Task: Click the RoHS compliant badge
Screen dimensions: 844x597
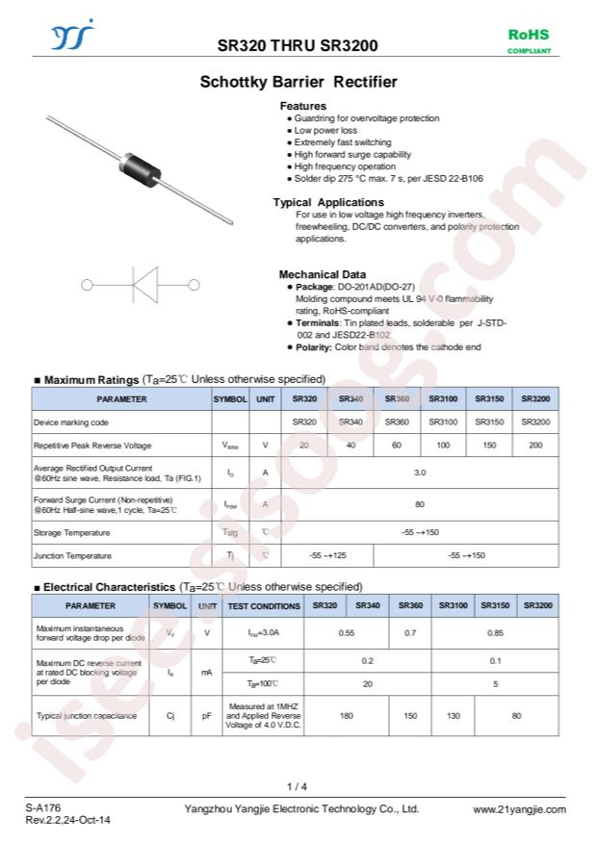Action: [529, 40]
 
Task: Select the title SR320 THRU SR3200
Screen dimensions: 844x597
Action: [298, 45]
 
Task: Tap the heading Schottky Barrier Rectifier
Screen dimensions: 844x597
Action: [298, 83]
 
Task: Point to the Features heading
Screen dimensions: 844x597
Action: [302, 106]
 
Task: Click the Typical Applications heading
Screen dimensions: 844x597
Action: [327, 202]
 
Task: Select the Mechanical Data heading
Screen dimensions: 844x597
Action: [322, 274]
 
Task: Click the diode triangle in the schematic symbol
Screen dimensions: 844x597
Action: [144, 285]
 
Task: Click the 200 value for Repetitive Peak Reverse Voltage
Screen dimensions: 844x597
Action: [535, 446]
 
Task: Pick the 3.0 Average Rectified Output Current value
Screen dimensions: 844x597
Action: [420, 473]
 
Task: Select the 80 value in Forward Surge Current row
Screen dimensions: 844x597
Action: [420, 503]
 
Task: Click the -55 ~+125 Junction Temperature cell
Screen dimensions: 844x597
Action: [327, 556]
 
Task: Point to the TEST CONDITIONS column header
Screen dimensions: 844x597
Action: [263, 606]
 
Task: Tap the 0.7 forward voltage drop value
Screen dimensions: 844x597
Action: [410, 632]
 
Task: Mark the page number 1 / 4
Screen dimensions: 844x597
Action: [298, 786]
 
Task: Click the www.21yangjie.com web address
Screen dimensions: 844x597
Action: [519, 809]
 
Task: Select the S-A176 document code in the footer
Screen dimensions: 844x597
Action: [43, 809]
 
